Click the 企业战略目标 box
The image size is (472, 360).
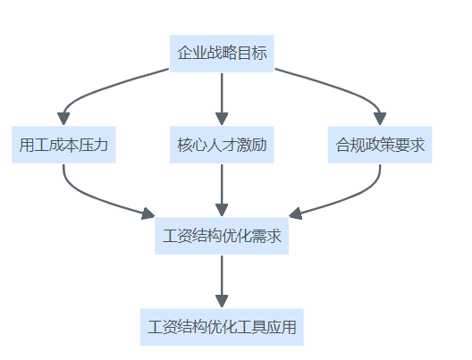tap(222, 54)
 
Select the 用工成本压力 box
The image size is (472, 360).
tap(63, 145)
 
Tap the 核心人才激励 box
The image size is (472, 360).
tap(222, 145)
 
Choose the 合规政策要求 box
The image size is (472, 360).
tap(380, 145)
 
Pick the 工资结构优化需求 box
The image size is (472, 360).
tap(222, 236)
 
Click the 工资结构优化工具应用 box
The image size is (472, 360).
tap(222, 327)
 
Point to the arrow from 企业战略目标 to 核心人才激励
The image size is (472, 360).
tap(222, 99)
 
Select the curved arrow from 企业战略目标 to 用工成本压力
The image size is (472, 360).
tap(99, 88)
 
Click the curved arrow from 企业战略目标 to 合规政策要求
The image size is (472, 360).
tap(343, 88)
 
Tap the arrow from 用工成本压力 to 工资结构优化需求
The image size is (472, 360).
tap(90, 198)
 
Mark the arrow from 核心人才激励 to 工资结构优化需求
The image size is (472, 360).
tap(222, 190)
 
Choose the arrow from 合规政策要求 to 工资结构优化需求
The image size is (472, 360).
tap(353, 198)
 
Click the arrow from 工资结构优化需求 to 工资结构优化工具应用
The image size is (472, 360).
tap(222, 281)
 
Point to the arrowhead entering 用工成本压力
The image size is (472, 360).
tap(63, 119)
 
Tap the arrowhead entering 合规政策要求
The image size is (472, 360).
tap(380, 119)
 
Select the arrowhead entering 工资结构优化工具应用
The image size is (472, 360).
tap(222, 301)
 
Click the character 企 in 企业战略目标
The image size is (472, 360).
tap(184, 53)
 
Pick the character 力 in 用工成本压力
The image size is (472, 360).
tap(100, 145)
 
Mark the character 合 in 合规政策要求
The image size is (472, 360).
tap(343, 145)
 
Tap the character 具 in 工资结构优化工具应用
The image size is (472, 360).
tap(259, 327)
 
